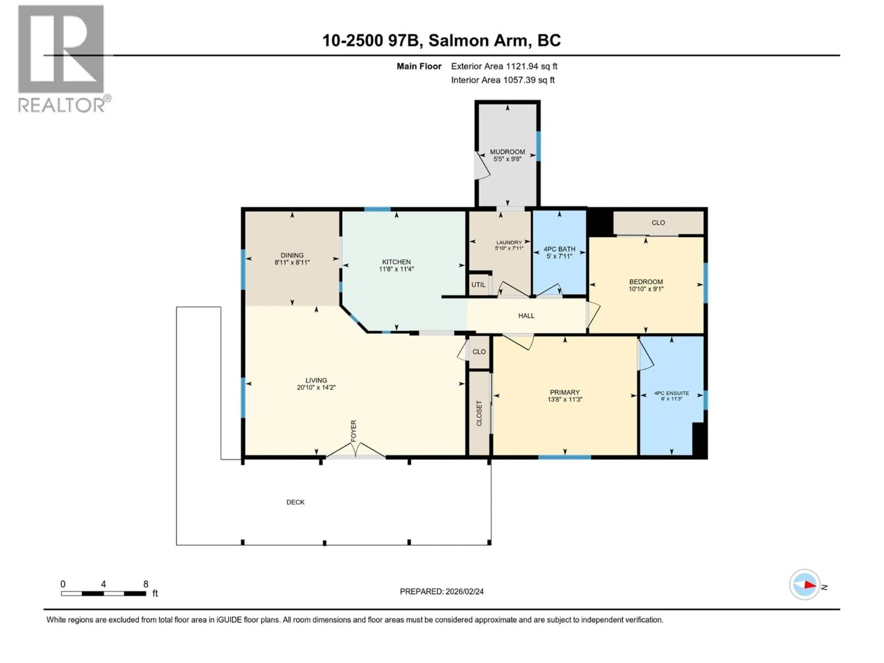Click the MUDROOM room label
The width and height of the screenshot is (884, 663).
(x=507, y=152)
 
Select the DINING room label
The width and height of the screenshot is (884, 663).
(x=292, y=255)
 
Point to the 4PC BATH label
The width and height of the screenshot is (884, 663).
(x=559, y=249)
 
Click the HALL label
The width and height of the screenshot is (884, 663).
(x=526, y=316)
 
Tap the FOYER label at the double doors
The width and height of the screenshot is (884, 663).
(x=353, y=431)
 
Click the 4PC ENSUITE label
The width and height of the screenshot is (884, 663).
(x=671, y=393)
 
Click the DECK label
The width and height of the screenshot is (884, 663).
(x=295, y=502)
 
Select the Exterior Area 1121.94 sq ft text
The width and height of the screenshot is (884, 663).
(x=504, y=66)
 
